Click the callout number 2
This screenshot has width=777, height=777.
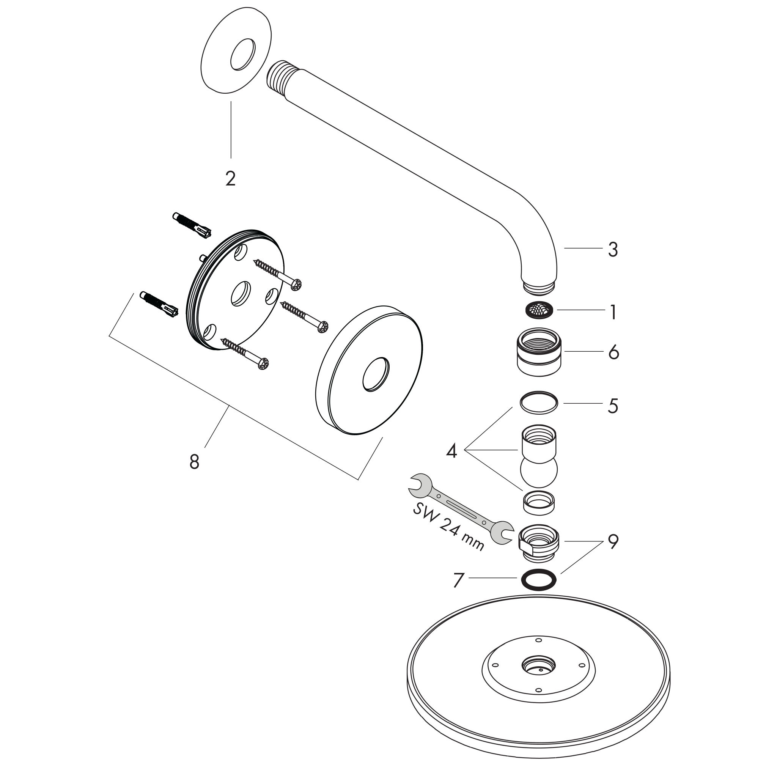(x=230, y=179)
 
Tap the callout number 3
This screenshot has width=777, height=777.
(x=612, y=249)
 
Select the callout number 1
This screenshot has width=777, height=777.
(x=613, y=312)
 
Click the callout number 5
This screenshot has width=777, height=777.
(x=612, y=406)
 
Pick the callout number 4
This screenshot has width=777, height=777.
(x=451, y=451)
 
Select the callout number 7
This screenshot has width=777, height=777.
(x=458, y=580)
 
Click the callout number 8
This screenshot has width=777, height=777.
(x=194, y=462)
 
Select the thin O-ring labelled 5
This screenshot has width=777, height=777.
(x=538, y=403)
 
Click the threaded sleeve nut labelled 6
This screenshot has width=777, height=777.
(x=539, y=352)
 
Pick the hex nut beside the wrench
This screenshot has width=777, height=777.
(x=539, y=543)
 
